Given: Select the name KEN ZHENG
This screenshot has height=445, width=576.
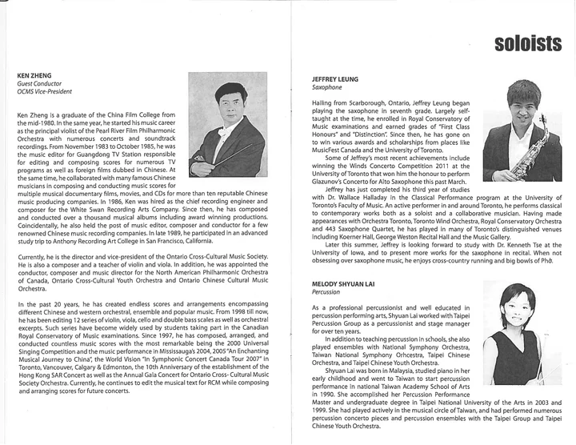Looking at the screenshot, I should [33, 75].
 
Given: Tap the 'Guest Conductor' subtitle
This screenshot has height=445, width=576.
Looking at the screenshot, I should [39, 84].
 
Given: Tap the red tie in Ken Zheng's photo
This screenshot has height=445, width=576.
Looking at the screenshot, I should [217, 130].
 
